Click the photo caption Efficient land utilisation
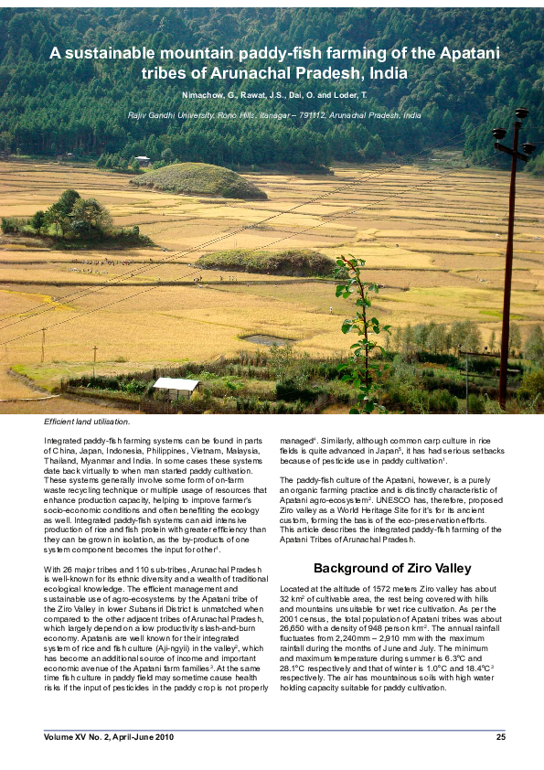click(x=87, y=422)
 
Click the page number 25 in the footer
click(x=500, y=737)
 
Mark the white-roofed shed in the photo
click(x=176, y=385)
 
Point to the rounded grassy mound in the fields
click(x=198, y=180)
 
